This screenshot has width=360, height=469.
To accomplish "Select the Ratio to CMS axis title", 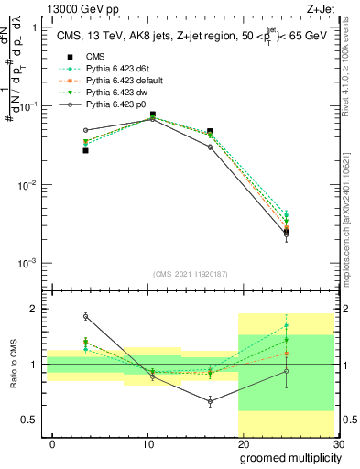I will coord(15,365).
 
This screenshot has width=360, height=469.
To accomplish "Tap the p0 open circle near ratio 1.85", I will coord(85,316).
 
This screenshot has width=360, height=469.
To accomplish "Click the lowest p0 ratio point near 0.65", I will coord(210,402).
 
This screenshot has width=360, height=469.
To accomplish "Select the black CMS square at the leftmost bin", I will coord(85,150).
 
